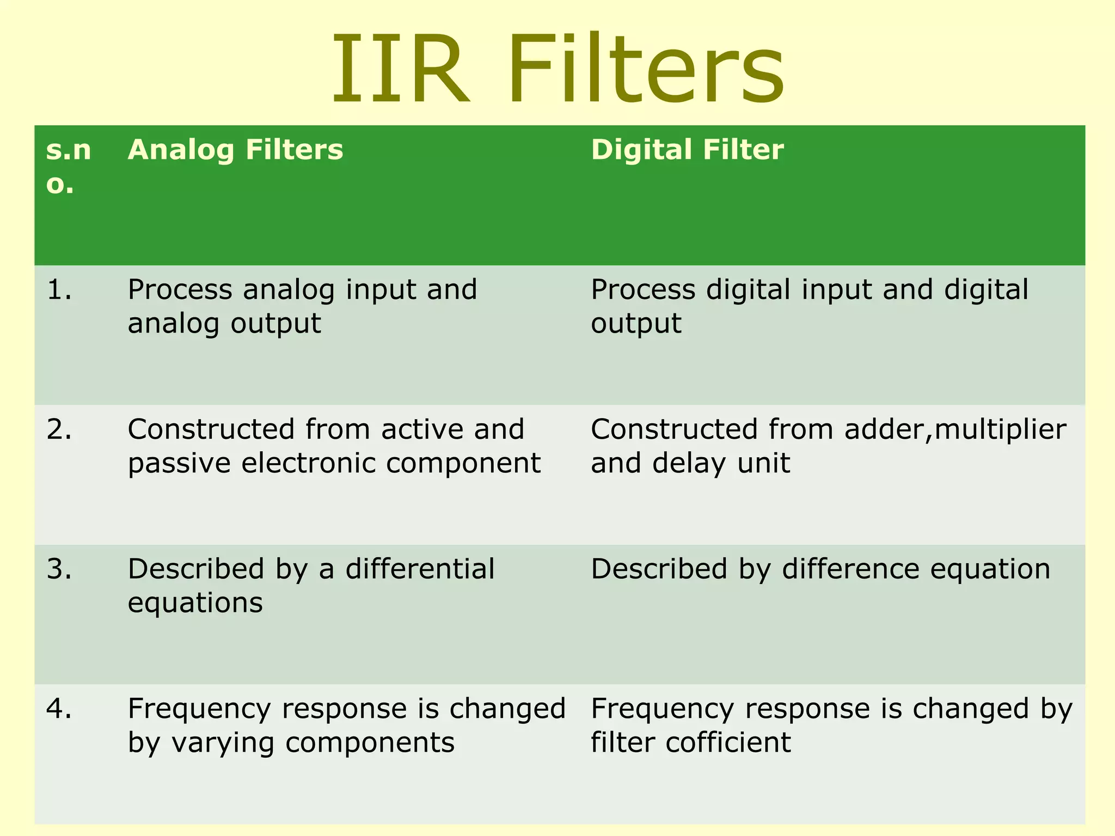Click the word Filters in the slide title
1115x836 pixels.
click(647, 70)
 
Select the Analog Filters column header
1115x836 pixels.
click(235, 150)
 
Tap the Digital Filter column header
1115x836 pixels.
click(687, 150)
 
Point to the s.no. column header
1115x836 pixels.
click(68, 167)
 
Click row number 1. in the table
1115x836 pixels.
click(59, 290)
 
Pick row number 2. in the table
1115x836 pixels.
click(59, 430)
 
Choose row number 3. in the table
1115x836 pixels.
click(59, 569)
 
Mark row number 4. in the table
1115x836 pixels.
click(59, 709)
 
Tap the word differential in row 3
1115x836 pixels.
click(420, 569)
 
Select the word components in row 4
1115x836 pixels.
click(370, 743)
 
